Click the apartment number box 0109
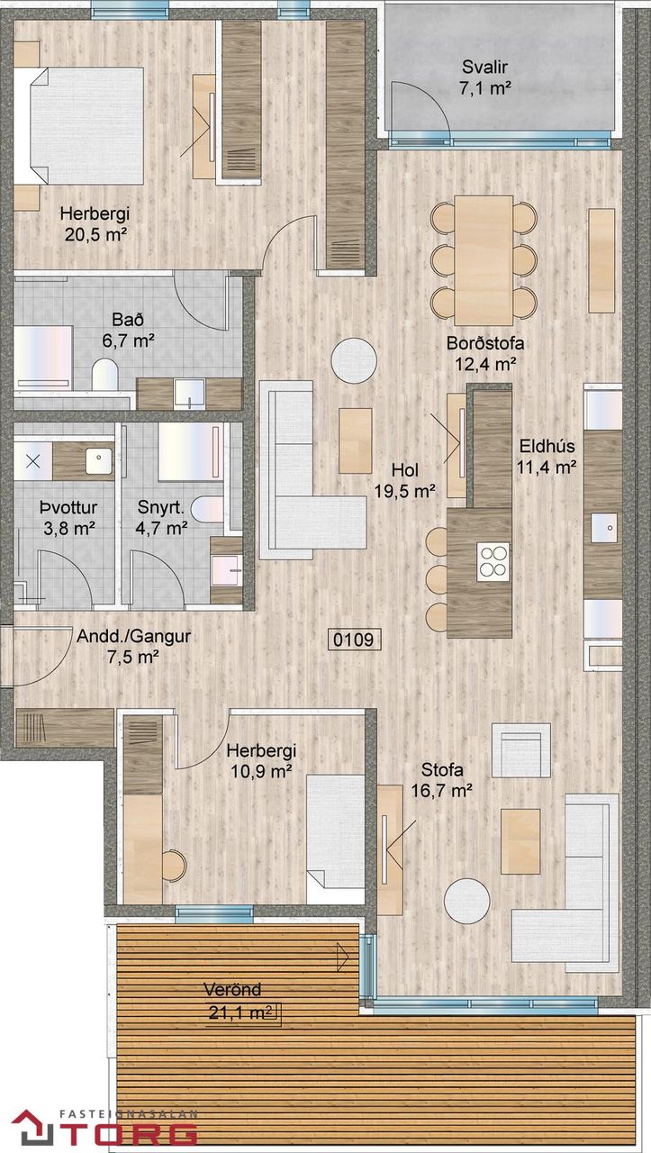pyautogui.click(x=355, y=640)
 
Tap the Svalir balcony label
pyautogui.click(x=484, y=67)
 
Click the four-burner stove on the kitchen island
pyautogui.click(x=493, y=561)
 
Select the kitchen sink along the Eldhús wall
pyautogui.click(x=603, y=528)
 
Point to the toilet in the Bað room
pyautogui.click(x=105, y=374)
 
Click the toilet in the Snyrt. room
pyautogui.click(x=207, y=510)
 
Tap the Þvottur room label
pyautogui.click(x=68, y=507)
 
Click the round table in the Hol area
pyautogui.click(x=354, y=360)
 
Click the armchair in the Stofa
pyautogui.click(x=521, y=750)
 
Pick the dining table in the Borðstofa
pyautogui.click(x=484, y=260)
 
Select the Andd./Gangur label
pyautogui.click(x=133, y=636)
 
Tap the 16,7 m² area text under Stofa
pyautogui.click(x=441, y=790)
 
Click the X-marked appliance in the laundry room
pyautogui.click(x=33, y=460)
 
